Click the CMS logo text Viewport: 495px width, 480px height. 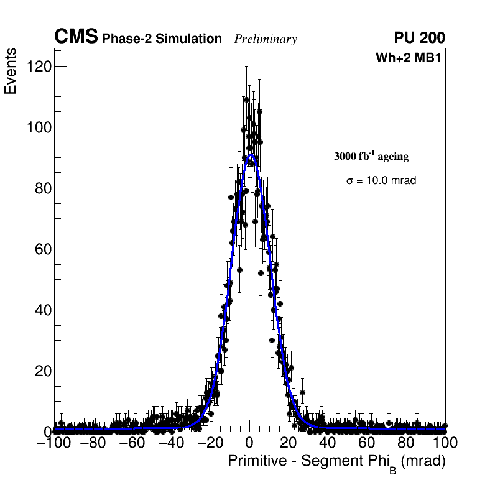coord(76,37)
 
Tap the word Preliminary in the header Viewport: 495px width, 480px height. coord(266,39)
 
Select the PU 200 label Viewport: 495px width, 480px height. coord(419,38)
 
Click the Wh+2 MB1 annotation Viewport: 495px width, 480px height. coord(410,58)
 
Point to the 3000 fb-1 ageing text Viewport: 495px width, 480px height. coord(371,156)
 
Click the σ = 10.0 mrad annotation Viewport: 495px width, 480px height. coord(381,180)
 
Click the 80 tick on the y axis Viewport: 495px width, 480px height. coord(41,188)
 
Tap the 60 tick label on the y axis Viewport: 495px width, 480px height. coord(41,249)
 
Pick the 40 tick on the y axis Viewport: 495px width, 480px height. coord(41,310)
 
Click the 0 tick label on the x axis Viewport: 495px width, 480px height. coord(249,443)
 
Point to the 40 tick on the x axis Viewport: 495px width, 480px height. coord(328,443)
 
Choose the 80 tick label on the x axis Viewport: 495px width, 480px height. coord(406,443)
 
